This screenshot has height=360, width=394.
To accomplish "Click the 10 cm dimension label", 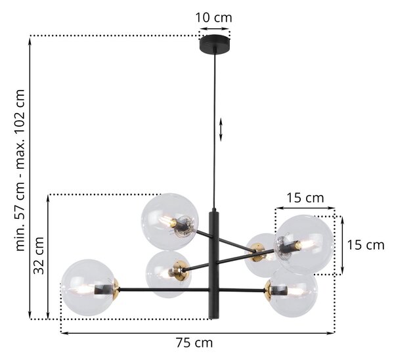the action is pos(213,18).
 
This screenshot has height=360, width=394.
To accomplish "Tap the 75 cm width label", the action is pos(194,342).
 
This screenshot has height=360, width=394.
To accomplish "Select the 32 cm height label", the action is pos(39,256).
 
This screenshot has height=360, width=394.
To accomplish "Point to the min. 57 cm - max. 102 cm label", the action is pos(20,170).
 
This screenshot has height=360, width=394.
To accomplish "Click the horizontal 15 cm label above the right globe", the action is pos(305,198).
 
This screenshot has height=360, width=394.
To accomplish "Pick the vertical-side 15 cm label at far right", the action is pos(366,245).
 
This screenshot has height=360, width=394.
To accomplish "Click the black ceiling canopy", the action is pos(215,44).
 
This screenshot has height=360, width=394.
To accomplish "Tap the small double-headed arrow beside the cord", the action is pos(221,129).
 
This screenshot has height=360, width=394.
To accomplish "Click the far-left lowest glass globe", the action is pos(89,287).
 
